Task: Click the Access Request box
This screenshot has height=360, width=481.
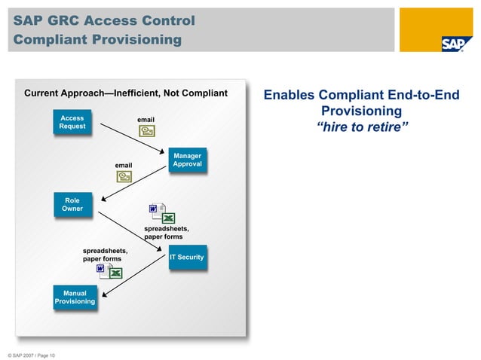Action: click(72, 122)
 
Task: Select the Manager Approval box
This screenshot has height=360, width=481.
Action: click(186, 160)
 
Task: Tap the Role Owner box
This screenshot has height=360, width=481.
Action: click(72, 204)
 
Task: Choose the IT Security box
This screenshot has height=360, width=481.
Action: click(186, 258)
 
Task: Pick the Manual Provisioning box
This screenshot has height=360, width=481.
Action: click(75, 297)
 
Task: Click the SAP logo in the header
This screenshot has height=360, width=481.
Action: click(452, 43)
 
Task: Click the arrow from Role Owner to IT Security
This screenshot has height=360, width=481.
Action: click(132, 229)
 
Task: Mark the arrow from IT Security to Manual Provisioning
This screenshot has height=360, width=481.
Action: click(132, 277)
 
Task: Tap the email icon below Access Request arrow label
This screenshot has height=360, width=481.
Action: click(146, 132)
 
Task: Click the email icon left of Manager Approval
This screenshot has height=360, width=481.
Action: click(124, 176)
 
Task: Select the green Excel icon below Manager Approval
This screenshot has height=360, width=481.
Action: click(169, 218)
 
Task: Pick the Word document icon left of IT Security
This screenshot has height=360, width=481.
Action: click(101, 269)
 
